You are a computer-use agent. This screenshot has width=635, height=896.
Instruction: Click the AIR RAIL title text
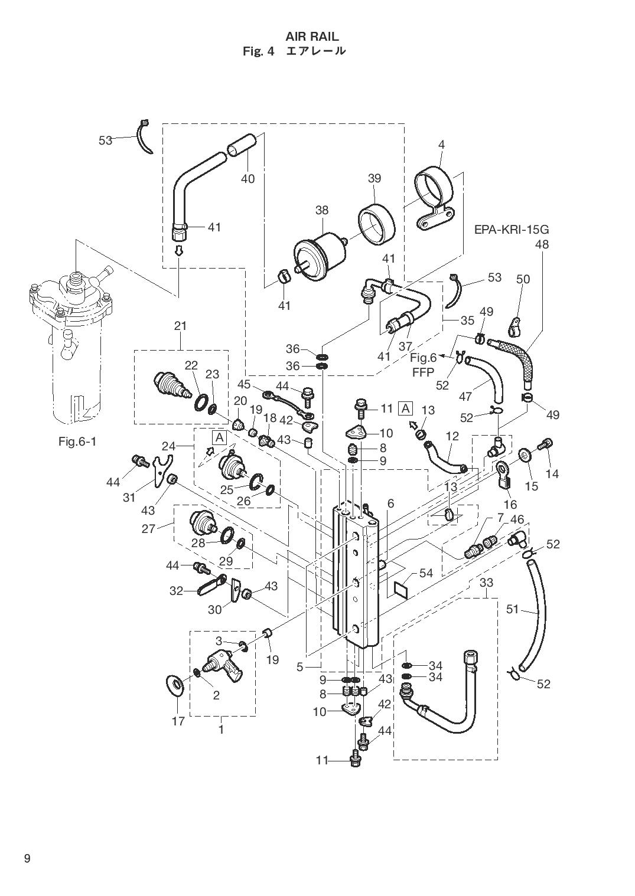(x=312, y=37)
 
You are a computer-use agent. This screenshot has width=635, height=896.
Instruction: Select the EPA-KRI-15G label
(x=512, y=230)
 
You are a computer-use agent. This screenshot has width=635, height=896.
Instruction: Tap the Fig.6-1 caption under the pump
(x=77, y=442)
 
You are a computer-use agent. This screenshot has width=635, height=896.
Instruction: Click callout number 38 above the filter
(x=321, y=210)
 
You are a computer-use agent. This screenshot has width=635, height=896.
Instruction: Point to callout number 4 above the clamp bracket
(x=441, y=145)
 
